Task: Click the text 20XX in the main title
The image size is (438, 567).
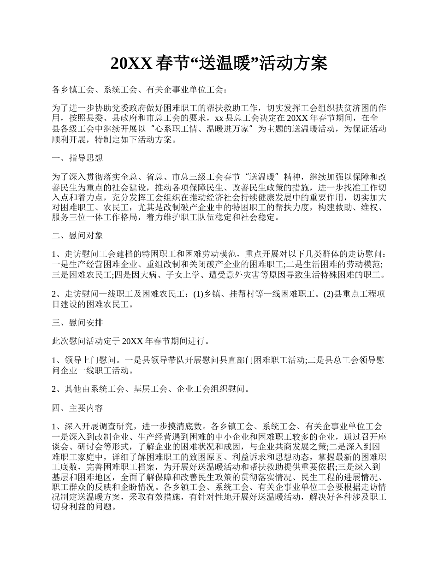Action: pos(131,64)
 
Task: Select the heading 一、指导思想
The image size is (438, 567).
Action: pos(77,158)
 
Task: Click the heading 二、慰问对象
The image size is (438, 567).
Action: pos(77,236)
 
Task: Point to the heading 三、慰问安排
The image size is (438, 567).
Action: pos(77,323)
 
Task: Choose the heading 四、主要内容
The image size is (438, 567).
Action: pos(77,408)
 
